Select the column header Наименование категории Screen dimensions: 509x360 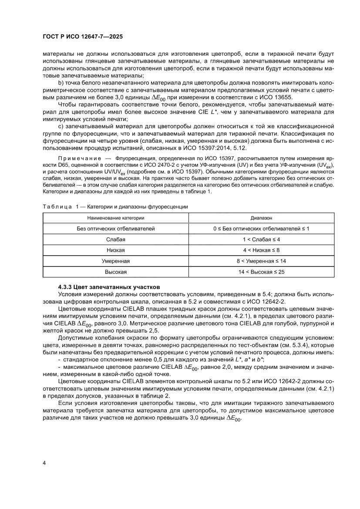pos(115,217)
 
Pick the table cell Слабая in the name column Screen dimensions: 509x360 pos(115,239)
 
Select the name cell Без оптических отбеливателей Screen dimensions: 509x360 pos(115,229)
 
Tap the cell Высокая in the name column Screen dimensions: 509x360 pos(115,272)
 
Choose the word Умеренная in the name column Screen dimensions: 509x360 pos(115,261)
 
